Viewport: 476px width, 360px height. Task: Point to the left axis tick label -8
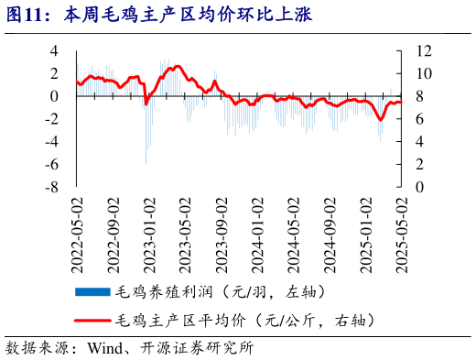point(52,187)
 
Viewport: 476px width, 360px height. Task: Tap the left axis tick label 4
point(54,50)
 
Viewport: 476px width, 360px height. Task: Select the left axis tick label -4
point(52,141)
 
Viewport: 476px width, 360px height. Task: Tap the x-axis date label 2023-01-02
point(149,233)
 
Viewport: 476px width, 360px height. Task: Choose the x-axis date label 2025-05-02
point(401,233)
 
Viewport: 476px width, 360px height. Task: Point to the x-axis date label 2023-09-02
point(222,233)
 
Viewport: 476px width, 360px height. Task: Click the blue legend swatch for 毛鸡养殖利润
point(92,292)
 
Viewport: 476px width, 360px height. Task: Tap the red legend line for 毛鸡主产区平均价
point(92,321)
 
